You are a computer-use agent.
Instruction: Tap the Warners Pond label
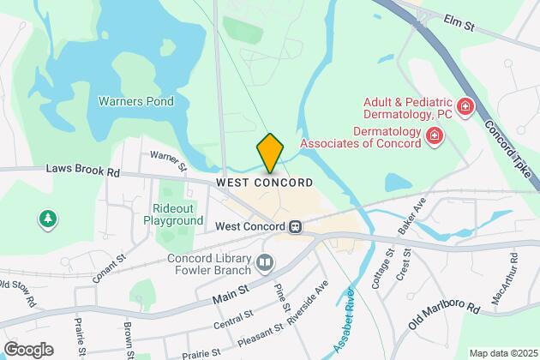click(x=136, y=101)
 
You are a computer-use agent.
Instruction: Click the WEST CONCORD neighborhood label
click(x=264, y=183)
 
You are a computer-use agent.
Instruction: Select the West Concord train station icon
click(x=295, y=226)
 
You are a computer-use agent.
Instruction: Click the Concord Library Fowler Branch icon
click(x=265, y=261)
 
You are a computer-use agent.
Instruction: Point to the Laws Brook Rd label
click(x=83, y=171)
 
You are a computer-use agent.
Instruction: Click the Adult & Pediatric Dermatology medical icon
click(x=465, y=107)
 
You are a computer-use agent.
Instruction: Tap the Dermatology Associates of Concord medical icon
click(x=435, y=135)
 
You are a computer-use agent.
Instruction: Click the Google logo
click(x=28, y=350)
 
